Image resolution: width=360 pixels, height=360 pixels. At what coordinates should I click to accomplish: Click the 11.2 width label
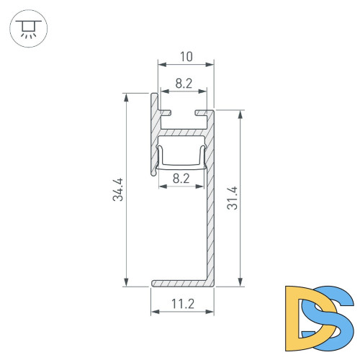click(183, 304)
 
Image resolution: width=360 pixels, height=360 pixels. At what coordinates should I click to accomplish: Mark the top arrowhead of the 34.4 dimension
click(127, 96)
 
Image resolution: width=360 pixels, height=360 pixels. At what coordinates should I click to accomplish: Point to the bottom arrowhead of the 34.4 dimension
click(127, 283)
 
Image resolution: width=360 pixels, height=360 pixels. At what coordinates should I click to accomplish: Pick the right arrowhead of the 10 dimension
click(212, 66)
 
